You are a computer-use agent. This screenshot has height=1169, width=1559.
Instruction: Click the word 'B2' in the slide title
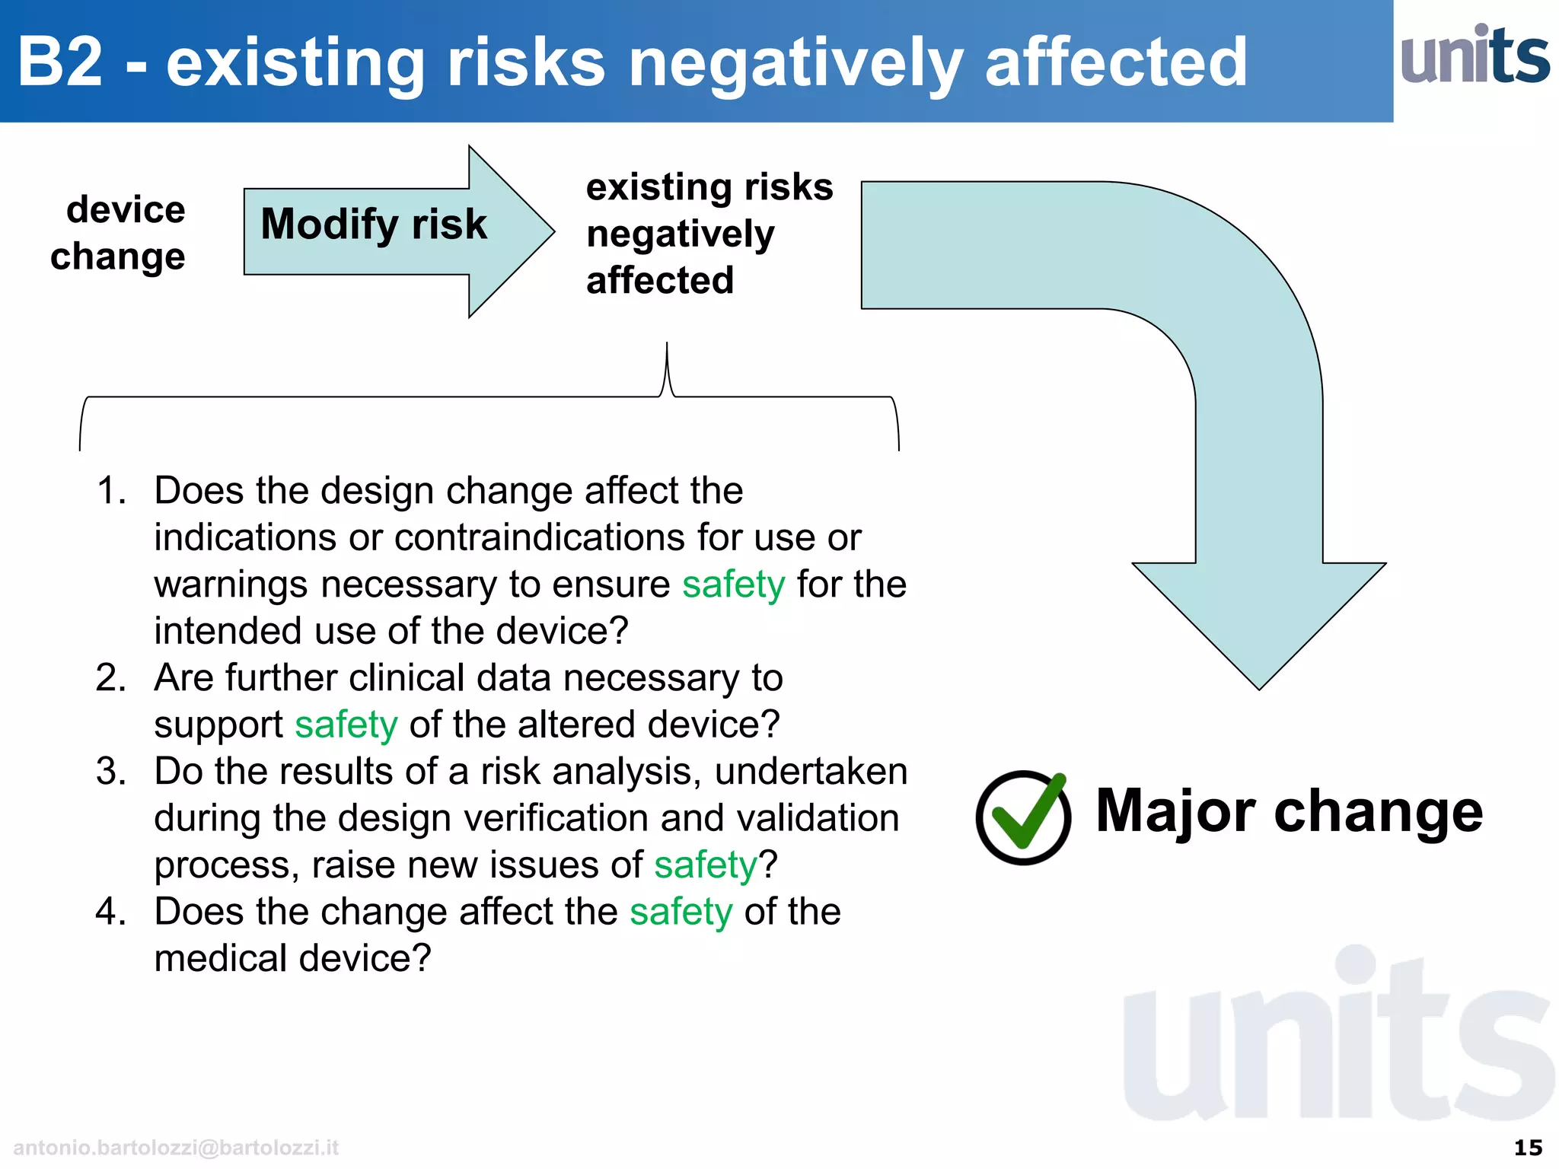coord(60,62)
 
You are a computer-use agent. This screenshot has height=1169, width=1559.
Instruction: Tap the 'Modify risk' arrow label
coord(373,225)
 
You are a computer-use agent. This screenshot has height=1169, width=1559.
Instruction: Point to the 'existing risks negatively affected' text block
coord(708,234)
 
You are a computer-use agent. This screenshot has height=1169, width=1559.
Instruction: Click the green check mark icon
coord(1024,817)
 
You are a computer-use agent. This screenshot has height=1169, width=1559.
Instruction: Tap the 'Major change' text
coord(1289,811)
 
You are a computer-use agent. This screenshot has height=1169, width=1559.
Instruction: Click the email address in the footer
coord(176,1147)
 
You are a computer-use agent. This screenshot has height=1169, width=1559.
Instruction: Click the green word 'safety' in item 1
coord(733,584)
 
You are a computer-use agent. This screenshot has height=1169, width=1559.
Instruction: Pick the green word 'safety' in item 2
coord(346,725)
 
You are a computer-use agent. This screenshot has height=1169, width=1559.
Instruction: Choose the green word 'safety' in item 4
coord(681,912)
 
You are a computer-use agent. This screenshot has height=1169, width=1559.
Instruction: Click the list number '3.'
coord(111,771)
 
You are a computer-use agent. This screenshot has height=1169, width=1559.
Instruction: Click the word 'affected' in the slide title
coord(1116,62)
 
